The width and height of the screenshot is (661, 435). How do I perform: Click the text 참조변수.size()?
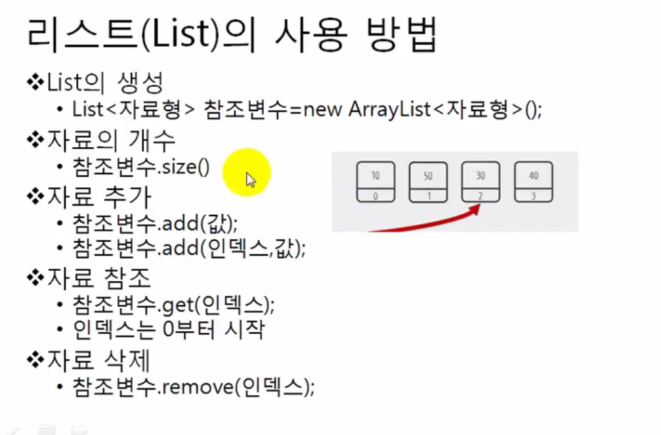click(141, 167)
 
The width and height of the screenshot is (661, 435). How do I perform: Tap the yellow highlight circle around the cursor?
click(246, 172)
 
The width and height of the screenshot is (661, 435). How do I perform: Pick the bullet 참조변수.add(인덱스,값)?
click(189, 248)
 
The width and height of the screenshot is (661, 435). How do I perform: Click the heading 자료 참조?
click(98, 278)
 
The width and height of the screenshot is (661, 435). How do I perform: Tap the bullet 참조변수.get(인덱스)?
click(173, 304)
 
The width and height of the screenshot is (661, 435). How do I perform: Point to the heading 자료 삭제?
click(98, 359)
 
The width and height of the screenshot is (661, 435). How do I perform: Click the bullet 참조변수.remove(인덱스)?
click(194, 386)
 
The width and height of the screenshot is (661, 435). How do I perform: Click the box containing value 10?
click(375, 181)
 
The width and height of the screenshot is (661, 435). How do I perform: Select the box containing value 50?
click(428, 181)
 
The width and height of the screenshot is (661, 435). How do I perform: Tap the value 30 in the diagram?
click(481, 176)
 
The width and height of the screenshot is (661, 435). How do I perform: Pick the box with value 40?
click(534, 181)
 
